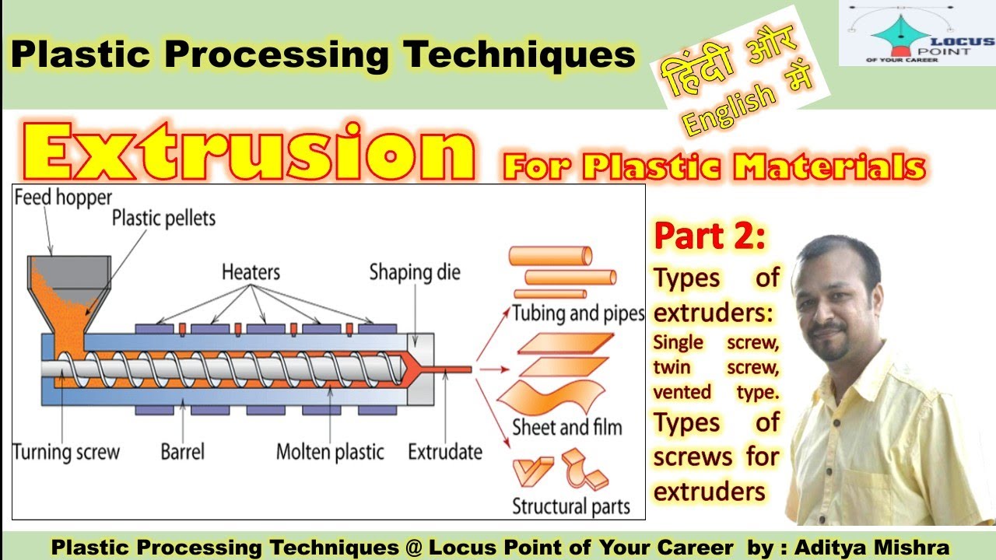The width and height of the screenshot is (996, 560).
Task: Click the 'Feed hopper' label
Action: pos(63,198)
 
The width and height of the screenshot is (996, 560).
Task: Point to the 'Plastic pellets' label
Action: pos(163,217)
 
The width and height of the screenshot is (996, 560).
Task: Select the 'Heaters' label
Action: pos(251,272)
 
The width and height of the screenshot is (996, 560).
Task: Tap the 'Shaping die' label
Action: pos(415,272)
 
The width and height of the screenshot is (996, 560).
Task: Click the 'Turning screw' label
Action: pos(66,452)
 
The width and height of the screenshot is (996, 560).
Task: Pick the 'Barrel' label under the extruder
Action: pos(183,452)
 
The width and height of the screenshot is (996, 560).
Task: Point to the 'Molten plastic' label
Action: pos(330,452)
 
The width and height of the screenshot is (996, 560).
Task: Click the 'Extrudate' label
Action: pos(445,452)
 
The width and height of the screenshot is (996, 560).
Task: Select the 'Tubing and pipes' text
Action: pos(578,313)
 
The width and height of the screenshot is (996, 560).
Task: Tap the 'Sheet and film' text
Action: pos(566,427)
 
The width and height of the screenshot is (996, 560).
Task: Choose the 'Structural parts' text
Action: pos(570,506)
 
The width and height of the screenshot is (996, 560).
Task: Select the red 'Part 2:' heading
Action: pos(710,238)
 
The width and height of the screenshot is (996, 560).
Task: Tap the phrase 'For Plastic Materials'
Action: pos(714,166)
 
